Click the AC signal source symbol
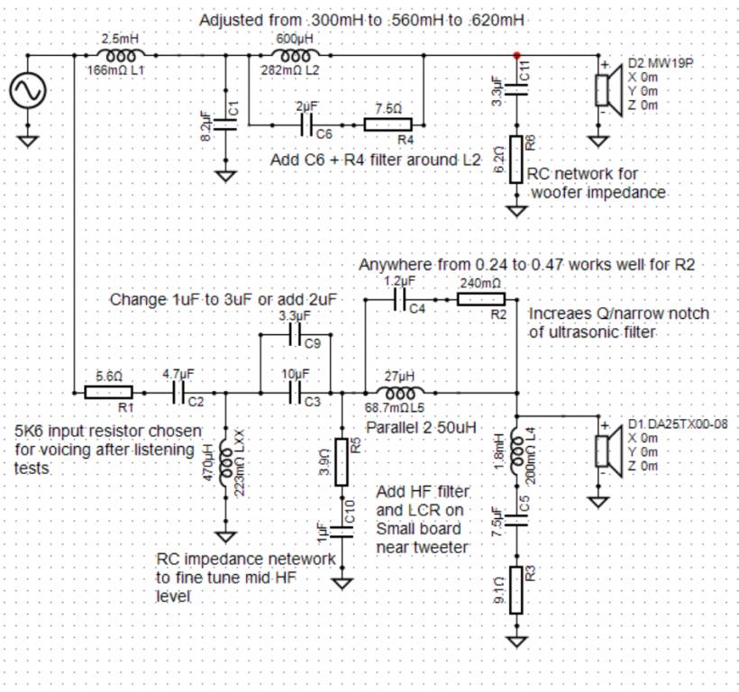coord(28,89)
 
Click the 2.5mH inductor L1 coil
coord(121,55)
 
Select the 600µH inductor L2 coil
coord(296,55)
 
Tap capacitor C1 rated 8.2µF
coord(225,124)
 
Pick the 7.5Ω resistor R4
coord(388,125)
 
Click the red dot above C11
coord(517,56)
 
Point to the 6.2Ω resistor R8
coord(516,159)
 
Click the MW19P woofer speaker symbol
coord(608,89)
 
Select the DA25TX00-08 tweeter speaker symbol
coord(608,451)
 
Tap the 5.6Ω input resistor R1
coord(108,392)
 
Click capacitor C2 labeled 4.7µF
coord(178,392)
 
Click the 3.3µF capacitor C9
coord(296,334)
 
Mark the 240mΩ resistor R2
coord(480,299)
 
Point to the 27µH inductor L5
coord(400,392)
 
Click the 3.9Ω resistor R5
coord(342,462)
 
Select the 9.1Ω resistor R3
coord(516,590)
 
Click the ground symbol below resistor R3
coord(516,642)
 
